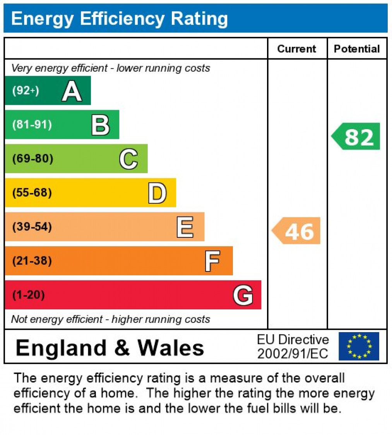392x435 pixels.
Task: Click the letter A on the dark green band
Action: point(72,91)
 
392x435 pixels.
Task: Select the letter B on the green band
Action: point(100,125)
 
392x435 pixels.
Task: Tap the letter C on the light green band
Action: point(128,159)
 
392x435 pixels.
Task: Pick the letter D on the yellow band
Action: point(157,193)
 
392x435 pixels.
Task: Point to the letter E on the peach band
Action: point(185,227)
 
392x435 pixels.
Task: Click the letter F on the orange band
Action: point(212,261)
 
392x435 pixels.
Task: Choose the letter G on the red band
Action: point(243,295)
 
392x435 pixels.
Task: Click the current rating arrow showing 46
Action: point(297,231)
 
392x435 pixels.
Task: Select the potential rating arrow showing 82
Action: point(356,136)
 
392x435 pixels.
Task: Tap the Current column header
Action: point(297,49)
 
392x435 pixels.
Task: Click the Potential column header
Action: point(357,49)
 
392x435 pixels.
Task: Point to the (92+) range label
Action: point(26,91)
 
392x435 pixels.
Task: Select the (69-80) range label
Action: point(33,159)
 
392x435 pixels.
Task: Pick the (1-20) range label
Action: point(28,295)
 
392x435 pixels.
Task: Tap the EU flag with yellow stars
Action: point(359,346)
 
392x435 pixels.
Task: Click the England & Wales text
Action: point(110,348)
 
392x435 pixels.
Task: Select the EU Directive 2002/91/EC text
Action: point(293,346)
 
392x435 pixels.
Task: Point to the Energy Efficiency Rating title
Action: point(120,19)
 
